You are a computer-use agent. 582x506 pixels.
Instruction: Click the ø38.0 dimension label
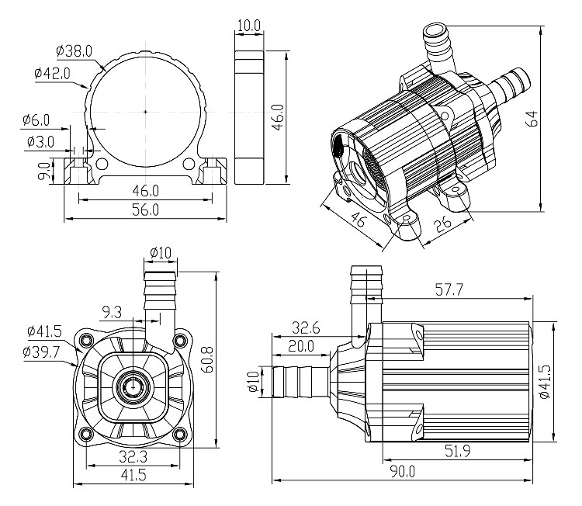click(x=75, y=51)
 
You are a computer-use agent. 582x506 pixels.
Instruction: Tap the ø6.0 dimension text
click(x=36, y=120)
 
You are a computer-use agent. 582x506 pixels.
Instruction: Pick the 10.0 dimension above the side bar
click(x=248, y=25)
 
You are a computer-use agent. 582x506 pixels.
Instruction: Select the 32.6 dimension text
click(x=307, y=327)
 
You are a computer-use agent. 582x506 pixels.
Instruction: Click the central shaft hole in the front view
click(x=133, y=384)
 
